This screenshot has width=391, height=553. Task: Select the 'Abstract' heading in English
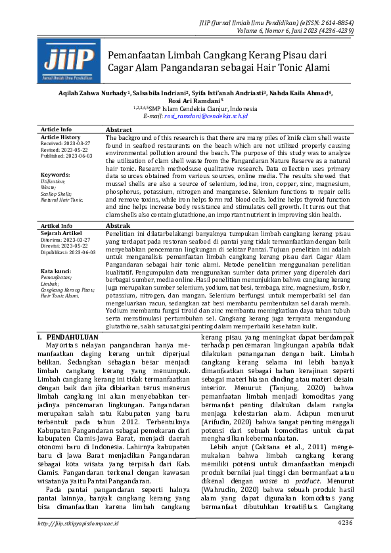[119, 130]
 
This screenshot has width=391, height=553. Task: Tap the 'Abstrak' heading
[118, 225]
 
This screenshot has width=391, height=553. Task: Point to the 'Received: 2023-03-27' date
[66, 143]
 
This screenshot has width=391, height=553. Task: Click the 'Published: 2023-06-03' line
[67, 156]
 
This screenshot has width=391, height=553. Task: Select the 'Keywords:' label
[55, 175]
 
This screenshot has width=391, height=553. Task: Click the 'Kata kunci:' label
[57, 271]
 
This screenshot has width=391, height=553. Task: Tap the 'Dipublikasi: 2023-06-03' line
[68, 252]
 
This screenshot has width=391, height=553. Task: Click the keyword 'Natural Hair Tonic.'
[62, 199]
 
